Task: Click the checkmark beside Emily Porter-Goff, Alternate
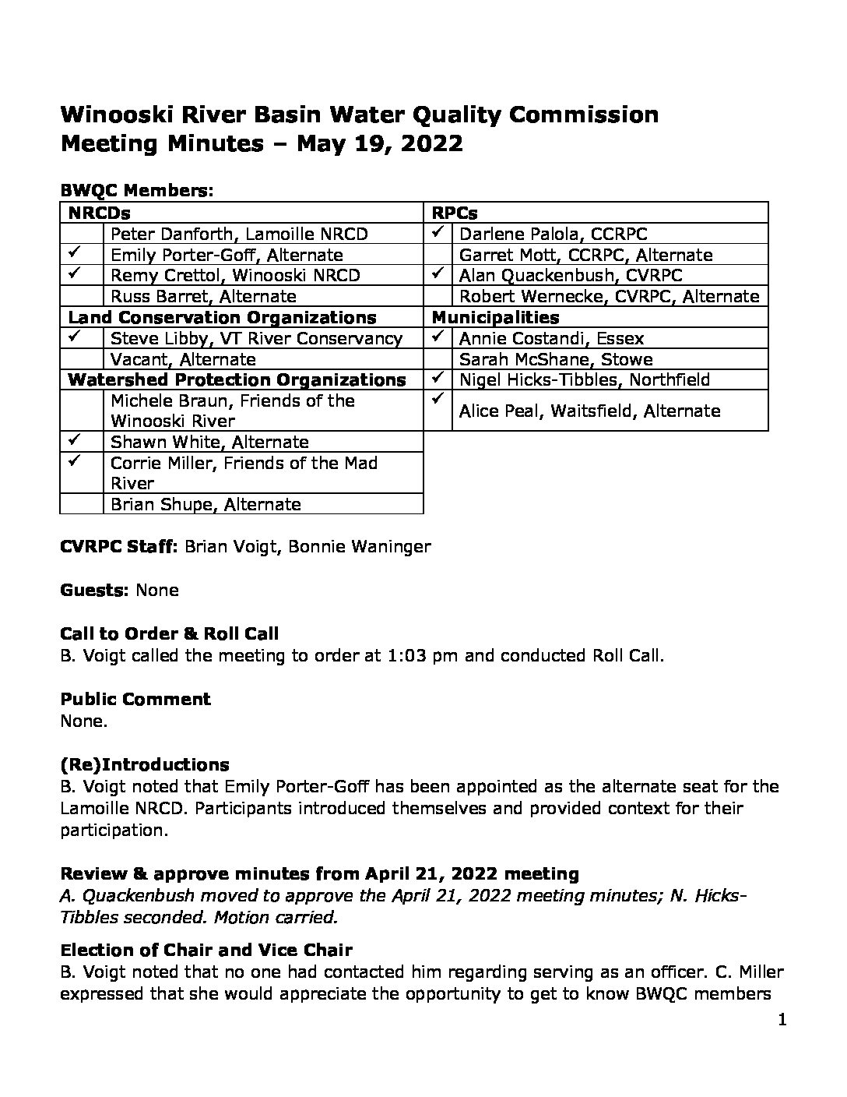pos(76,253)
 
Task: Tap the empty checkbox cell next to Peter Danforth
pos(82,234)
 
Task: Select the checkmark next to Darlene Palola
pos(439,232)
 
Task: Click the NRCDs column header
pos(99,213)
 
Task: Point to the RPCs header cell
pos(455,213)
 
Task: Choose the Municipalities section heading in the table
pos(495,317)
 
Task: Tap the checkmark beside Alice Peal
pos(439,398)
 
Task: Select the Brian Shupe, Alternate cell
pos(206,504)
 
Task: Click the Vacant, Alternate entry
pos(183,359)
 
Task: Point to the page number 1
pos(782,1020)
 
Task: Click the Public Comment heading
pos(135,699)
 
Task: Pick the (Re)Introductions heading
pos(145,764)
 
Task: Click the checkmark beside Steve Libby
pos(76,337)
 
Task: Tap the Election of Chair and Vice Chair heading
pos(206,950)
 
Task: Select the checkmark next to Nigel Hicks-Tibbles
pos(439,379)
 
